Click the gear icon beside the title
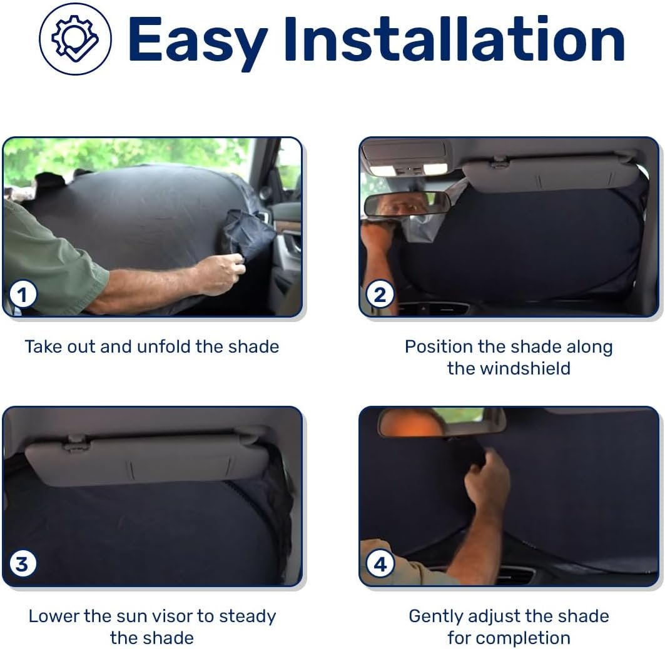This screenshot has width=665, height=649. pyautogui.click(x=75, y=39)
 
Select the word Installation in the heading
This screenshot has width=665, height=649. pyautogui.click(x=454, y=40)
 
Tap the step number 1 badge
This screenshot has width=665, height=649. pyautogui.click(x=23, y=294)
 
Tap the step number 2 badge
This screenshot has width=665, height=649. pyautogui.click(x=380, y=294)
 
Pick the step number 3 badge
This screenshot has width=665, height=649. pyautogui.click(x=23, y=565)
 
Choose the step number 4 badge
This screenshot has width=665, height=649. pyautogui.click(x=380, y=565)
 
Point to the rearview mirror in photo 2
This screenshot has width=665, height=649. pyautogui.click(x=407, y=204)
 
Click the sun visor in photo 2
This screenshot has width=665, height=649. pyautogui.click(x=551, y=174)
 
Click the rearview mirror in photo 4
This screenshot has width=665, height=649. pyautogui.click(x=441, y=422)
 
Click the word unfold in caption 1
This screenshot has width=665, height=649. pyautogui.click(x=165, y=346)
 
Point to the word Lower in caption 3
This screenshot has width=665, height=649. pyautogui.click(x=54, y=616)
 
